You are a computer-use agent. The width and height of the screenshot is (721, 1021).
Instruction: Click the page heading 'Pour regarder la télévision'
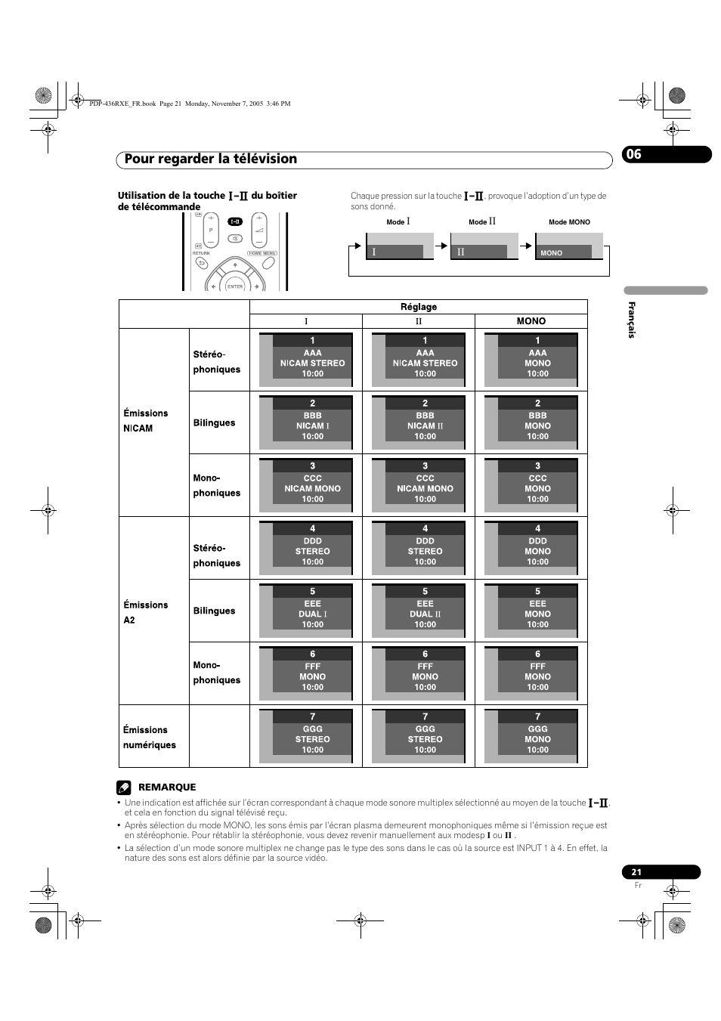[211, 159]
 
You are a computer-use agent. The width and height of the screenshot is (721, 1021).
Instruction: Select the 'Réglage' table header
[418, 307]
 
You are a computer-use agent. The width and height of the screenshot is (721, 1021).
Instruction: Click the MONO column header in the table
[531, 321]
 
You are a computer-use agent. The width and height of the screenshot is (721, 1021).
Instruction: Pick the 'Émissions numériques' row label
[150, 737]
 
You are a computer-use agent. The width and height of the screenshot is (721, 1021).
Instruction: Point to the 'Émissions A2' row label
[146, 612]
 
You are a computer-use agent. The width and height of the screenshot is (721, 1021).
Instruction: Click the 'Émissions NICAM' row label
[146, 420]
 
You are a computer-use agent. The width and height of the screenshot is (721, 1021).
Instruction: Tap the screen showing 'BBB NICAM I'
[306, 422]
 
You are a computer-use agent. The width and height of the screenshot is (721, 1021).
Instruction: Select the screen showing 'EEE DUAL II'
[419, 611]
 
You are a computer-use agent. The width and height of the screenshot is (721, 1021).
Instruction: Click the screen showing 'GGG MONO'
[531, 736]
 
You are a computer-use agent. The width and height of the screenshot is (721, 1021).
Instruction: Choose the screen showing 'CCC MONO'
[531, 485]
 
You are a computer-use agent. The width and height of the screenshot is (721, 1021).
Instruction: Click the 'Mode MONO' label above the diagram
[569, 222]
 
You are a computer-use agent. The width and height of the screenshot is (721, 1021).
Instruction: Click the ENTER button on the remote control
[235, 286]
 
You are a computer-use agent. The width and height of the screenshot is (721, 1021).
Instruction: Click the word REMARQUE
[167, 787]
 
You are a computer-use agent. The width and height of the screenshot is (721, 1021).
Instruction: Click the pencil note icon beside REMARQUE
[125, 787]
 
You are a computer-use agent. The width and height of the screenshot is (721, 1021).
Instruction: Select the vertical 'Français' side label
[632, 320]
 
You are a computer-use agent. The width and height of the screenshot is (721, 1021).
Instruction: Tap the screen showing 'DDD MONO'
[531, 548]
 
